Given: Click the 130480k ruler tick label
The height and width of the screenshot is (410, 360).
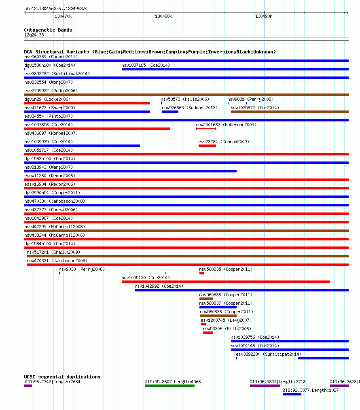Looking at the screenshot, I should tap(163, 17).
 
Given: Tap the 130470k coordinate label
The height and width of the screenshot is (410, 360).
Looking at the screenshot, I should tap(63, 17).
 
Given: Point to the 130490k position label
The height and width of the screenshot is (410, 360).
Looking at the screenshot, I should tap(264, 17).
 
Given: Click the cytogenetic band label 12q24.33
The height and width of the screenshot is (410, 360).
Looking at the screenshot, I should tap(34, 35).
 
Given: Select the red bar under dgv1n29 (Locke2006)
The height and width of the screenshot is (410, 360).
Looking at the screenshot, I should tap(87, 103).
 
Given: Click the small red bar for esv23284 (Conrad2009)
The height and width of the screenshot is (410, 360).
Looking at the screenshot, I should tap(207, 146).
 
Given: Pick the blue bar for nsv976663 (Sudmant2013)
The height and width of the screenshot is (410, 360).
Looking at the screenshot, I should tap(170, 112).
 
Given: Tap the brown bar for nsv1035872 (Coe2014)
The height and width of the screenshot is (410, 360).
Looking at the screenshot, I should tap(290, 112).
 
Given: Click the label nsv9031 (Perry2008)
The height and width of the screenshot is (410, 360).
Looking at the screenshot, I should tap(250, 99).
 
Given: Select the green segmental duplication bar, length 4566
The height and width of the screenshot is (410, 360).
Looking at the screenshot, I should tap(170, 386).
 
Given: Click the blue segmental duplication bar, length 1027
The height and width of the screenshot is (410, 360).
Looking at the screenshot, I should tap(292, 394).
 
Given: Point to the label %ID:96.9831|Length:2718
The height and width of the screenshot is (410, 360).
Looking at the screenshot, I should tap(277, 382).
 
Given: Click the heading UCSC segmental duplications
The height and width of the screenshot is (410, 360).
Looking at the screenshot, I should tap(62, 377).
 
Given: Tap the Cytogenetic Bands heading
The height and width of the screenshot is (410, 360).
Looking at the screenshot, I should tap(48, 30).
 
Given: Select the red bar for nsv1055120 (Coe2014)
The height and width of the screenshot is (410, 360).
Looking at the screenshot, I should tap(226, 282).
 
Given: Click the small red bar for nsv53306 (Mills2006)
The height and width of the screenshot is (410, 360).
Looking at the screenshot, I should tap(208, 333).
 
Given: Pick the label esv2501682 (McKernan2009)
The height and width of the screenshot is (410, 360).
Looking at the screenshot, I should tap(226, 125).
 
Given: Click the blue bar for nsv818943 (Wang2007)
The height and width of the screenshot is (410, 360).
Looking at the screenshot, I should tap(130, 171).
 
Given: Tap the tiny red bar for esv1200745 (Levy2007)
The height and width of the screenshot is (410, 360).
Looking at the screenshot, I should tap(203, 324).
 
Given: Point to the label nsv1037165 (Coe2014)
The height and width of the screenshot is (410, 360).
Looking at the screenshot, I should tap(146, 65).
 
